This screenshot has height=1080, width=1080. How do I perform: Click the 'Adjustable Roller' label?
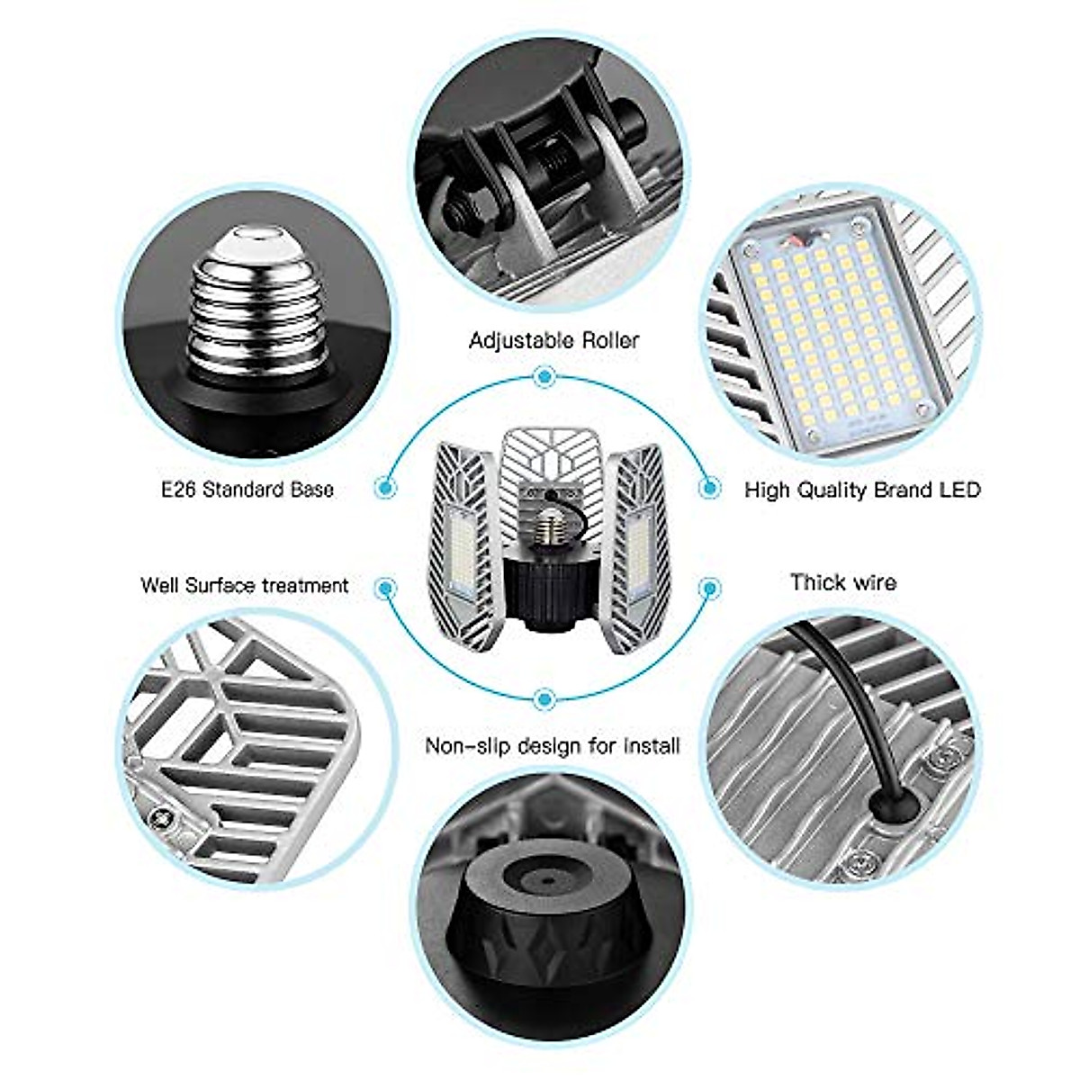pos(553,340)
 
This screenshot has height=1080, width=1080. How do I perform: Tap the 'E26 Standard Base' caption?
pos(247,490)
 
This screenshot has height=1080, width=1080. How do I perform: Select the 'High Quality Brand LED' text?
pos(862,490)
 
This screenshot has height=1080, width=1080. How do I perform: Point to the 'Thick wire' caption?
pos(843,582)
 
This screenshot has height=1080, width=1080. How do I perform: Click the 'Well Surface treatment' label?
pos(244,585)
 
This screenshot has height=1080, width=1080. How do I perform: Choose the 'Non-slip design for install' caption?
pos(552,746)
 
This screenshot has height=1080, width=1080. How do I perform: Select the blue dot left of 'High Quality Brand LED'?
pos(710,487)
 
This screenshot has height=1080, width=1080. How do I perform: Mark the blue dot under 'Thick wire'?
pos(710,589)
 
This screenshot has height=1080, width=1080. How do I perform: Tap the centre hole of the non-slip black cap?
pos(543,874)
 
